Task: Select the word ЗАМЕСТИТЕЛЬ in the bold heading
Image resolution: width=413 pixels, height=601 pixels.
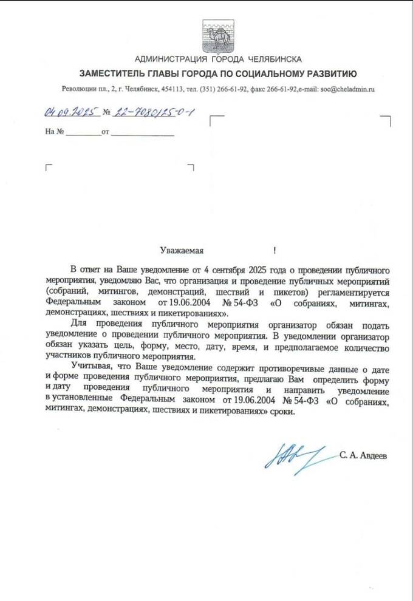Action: (104, 75)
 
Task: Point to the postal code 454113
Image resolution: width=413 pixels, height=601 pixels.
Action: (171, 89)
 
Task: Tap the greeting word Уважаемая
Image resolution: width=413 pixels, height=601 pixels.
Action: (180, 250)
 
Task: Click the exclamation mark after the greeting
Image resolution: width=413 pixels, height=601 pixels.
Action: (275, 250)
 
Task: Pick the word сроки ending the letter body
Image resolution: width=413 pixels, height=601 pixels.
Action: (281, 412)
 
